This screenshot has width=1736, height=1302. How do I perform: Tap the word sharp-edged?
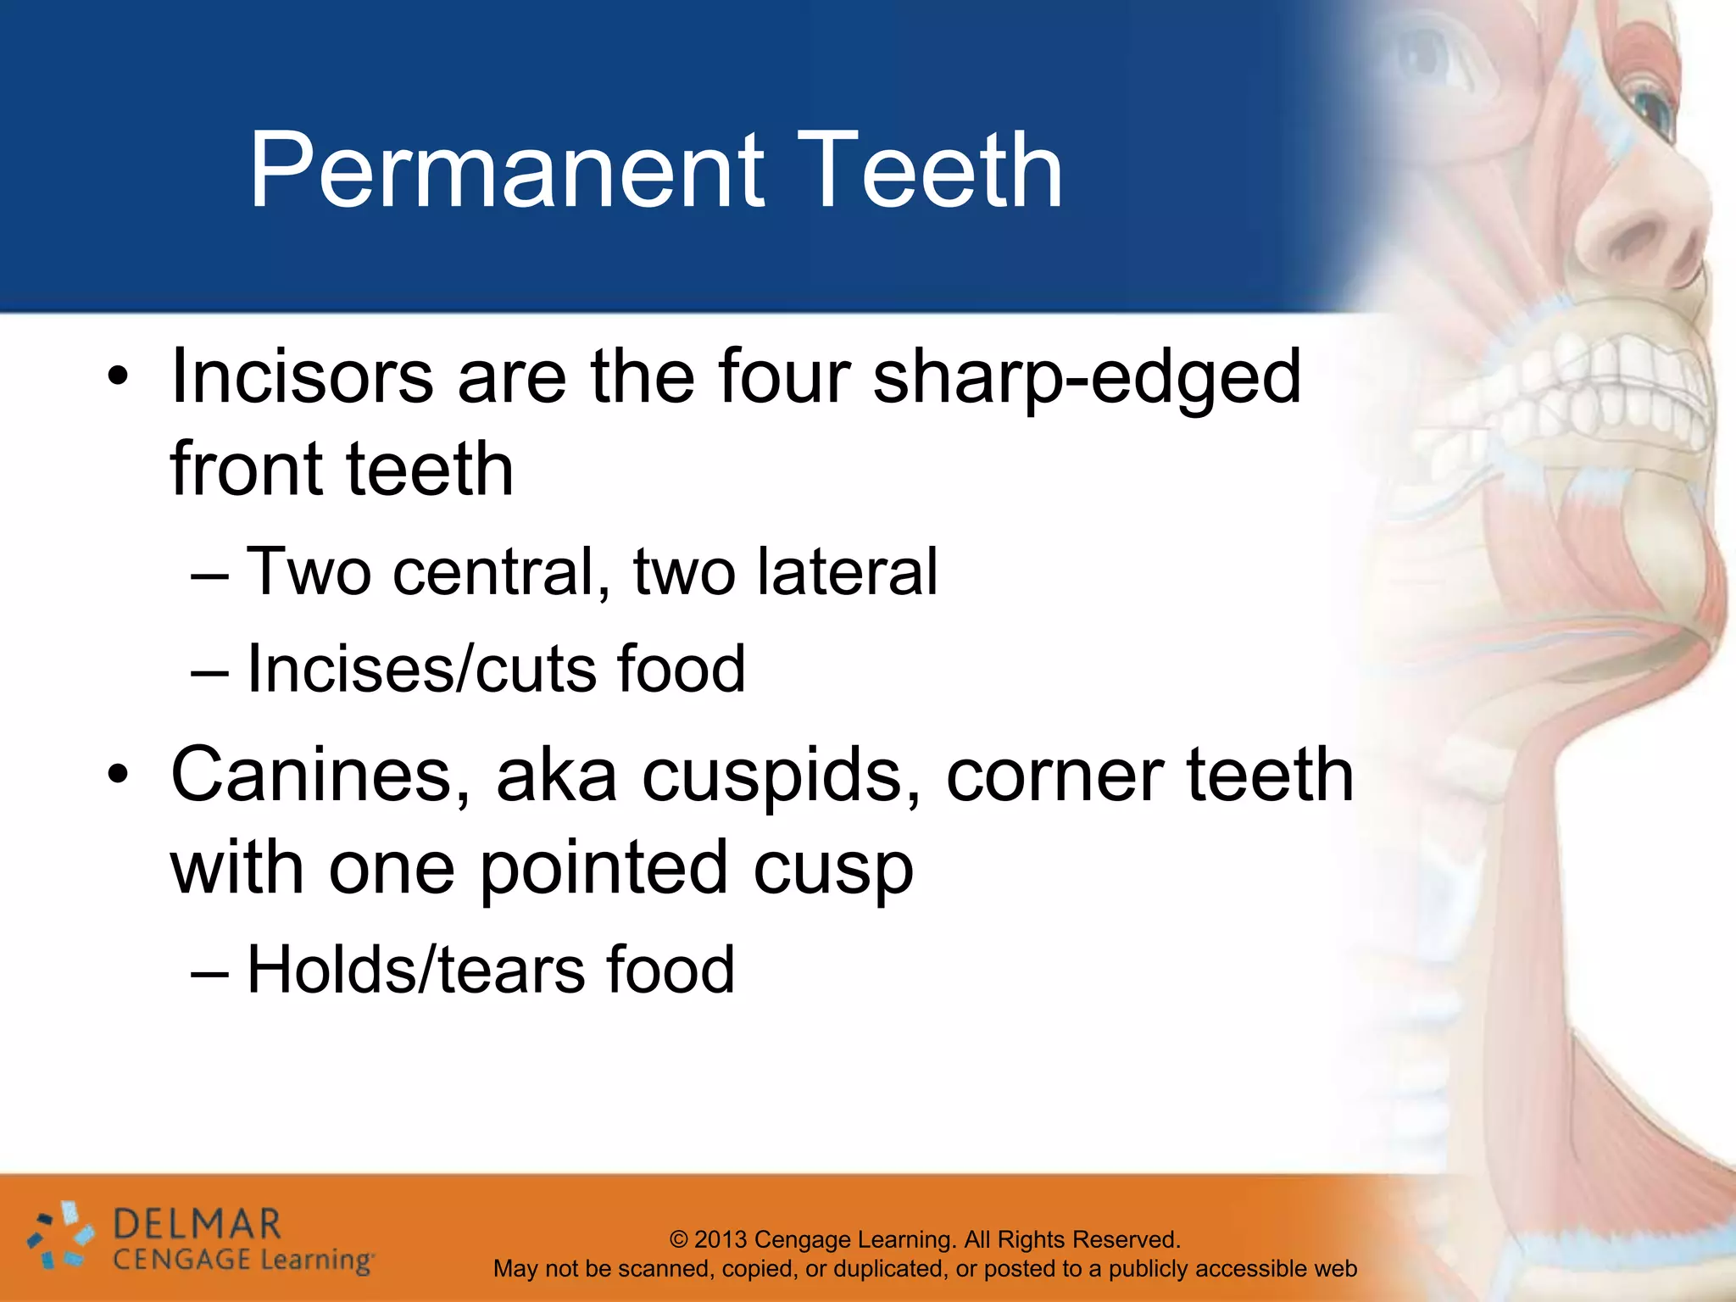1087,378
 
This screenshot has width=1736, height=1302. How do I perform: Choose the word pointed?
603,869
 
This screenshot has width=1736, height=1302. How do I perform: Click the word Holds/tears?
415,970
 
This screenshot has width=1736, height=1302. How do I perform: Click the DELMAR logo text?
197,1224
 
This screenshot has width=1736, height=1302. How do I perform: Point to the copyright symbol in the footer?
678,1239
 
